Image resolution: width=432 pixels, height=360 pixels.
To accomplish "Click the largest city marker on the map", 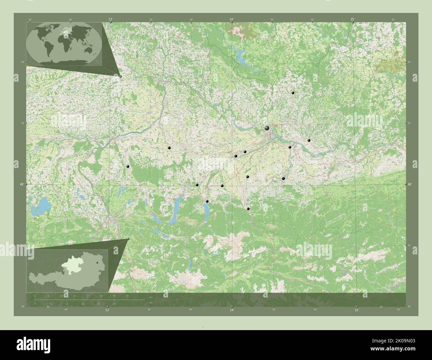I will point(267,128).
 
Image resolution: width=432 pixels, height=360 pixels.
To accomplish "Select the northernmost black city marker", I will point(293,93).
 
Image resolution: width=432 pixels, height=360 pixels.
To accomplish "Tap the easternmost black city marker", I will point(309,140).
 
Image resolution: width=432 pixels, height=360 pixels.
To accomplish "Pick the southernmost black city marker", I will point(248,209).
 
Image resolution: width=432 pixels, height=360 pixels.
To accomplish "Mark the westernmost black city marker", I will point(128,166).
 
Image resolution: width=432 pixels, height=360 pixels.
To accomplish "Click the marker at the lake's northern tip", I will point(207,201).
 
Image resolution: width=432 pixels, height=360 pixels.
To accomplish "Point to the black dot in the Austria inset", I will point(97,263).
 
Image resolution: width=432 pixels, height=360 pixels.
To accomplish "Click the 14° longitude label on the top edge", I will point(232,20).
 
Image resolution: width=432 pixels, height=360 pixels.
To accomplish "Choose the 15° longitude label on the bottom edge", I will point(356,310).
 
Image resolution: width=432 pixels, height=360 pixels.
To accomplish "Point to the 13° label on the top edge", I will point(110,20).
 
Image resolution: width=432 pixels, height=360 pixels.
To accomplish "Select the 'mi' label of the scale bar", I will point(151,303).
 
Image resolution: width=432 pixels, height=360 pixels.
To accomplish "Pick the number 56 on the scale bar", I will point(127,296).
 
